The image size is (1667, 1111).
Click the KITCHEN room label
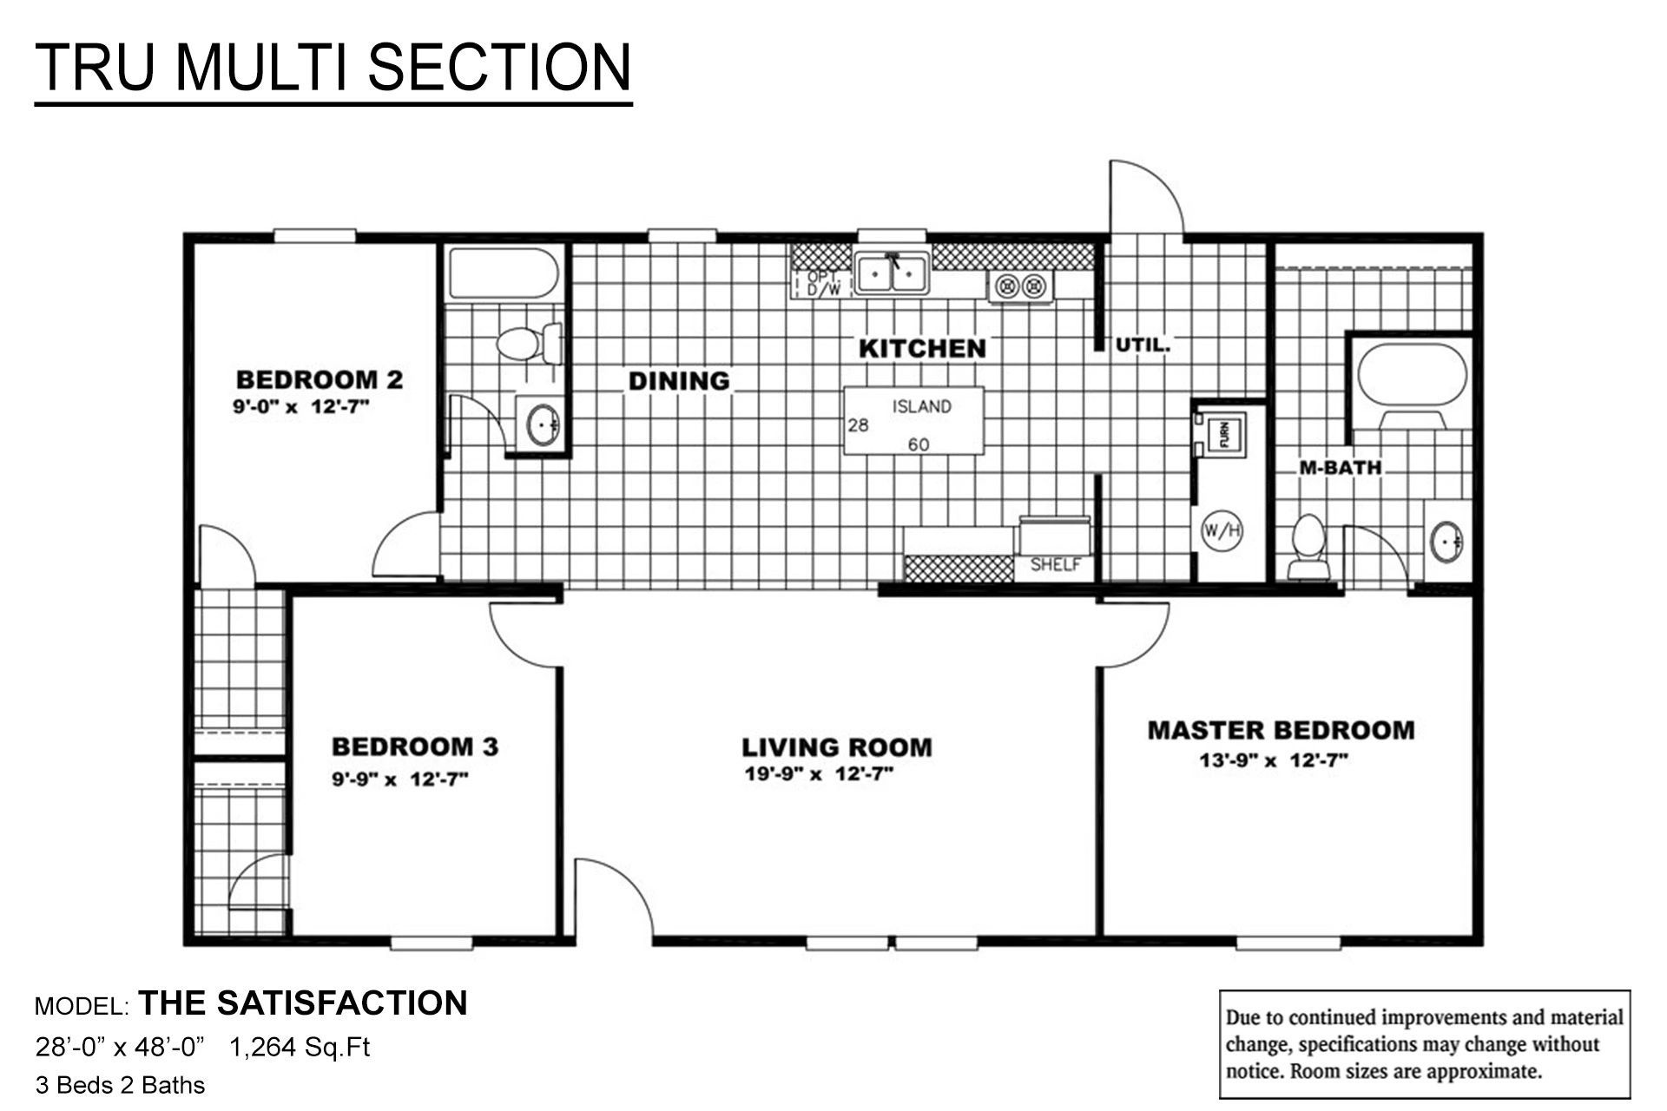coord(922,349)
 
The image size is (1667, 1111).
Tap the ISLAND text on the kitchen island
coord(921,406)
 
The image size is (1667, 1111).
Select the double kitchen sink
coord(892,273)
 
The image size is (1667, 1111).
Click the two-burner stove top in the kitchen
coord(1021,286)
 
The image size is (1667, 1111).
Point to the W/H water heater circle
coord(1222,530)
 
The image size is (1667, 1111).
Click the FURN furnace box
coord(1224,432)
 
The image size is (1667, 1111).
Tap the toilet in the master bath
coord(1308,547)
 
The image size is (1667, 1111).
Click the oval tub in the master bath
coord(1412,374)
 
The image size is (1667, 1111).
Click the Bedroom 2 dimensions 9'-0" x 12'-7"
coord(301,407)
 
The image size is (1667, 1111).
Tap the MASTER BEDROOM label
coord(1281,730)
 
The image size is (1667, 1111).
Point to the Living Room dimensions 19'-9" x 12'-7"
coord(819,774)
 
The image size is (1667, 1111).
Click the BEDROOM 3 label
coord(415,746)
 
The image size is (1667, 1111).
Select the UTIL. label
coord(1143,345)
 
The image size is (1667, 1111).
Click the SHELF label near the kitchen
coord(1055,565)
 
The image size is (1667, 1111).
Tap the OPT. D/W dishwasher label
coord(823,284)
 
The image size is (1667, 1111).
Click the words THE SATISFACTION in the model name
coord(303,1003)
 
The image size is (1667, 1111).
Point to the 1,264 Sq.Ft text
coord(300,1048)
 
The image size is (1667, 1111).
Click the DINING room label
coord(679,381)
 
